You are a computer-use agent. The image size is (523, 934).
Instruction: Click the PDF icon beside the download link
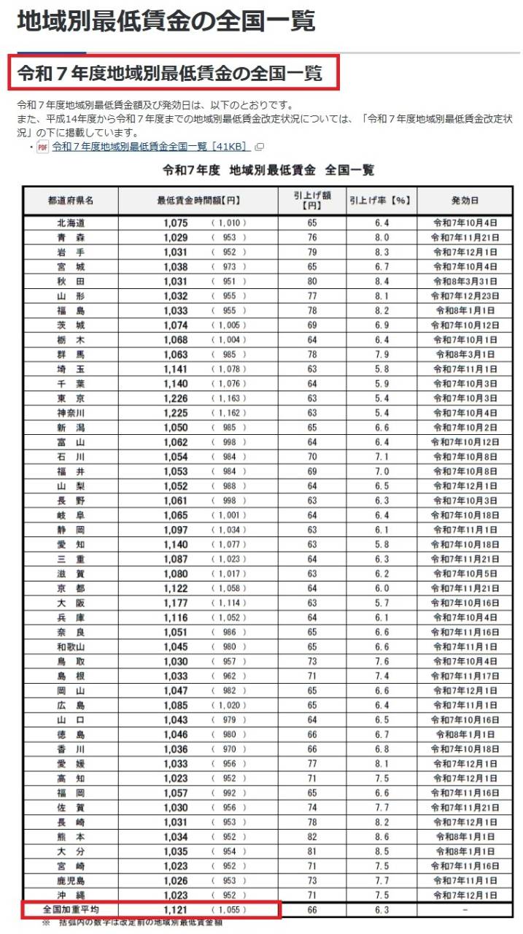pyautogui.click(x=42, y=147)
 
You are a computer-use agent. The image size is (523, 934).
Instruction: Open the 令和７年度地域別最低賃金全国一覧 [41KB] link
pyautogui.click(x=151, y=147)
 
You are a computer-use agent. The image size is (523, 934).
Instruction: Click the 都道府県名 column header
pyautogui.click(x=71, y=200)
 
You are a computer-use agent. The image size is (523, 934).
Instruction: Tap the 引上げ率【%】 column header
pyautogui.click(x=381, y=200)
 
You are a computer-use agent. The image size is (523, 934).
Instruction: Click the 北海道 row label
pyautogui.click(x=71, y=223)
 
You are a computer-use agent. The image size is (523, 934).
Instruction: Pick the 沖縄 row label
pyautogui.click(x=71, y=895)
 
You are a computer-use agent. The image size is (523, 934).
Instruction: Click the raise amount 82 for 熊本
pyautogui.click(x=311, y=836)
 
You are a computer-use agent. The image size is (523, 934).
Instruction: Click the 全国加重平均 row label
pyautogui.click(x=71, y=910)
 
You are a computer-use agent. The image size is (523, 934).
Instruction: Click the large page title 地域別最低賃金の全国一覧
pyautogui.click(x=166, y=21)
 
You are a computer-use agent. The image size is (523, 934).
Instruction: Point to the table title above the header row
pyautogui.click(x=268, y=170)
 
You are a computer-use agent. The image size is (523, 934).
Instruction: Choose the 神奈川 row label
pyautogui.click(x=71, y=412)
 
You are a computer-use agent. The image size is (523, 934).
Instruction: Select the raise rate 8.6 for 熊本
pyautogui.click(x=381, y=836)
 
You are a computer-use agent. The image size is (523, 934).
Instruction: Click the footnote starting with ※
pyautogui.click(x=131, y=923)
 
